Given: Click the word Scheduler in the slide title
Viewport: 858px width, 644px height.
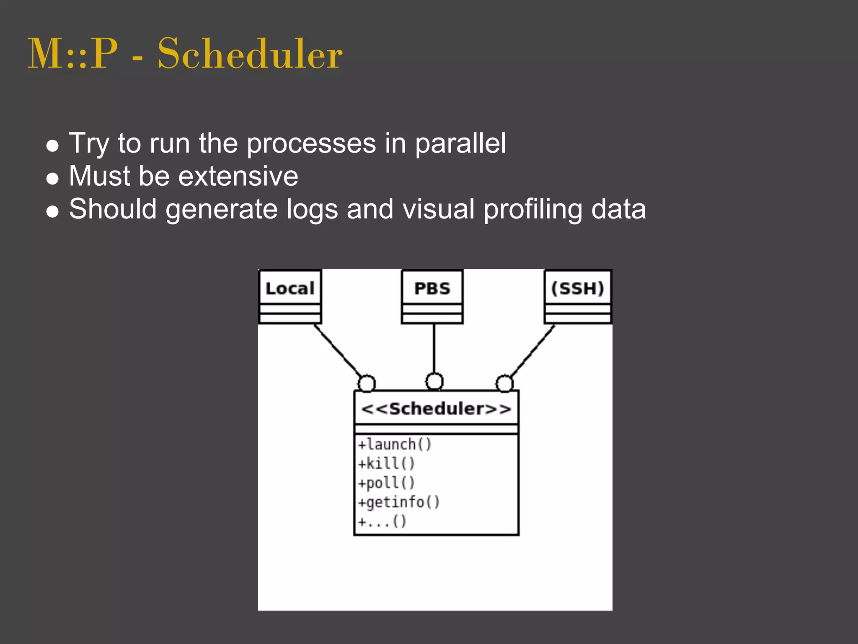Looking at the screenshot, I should click(x=250, y=54).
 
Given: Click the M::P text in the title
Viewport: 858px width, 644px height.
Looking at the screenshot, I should click(x=72, y=54).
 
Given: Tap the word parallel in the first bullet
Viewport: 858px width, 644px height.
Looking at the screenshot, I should click(x=460, y=144).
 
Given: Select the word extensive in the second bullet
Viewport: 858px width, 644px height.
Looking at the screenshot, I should click(x=238, y=176).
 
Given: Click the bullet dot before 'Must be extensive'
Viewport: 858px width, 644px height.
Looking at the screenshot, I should click(x=52, y=179).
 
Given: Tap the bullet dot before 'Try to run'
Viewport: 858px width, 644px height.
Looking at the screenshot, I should click(x=52, y=146).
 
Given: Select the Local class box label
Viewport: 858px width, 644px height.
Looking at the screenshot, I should click(x=290, y=288).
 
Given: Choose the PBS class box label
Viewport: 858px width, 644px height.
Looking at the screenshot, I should click(x=432, y=288).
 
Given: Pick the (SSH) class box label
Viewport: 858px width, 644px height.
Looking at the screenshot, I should click(x=577, y=288).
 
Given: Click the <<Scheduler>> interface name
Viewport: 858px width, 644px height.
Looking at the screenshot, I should click(x=436, y=409).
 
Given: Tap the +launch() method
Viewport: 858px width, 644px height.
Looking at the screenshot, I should click(x=394, y=444).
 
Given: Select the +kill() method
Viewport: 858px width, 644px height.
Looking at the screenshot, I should click(x=386, y=464).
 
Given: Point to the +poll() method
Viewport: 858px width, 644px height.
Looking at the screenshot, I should click(x=386, y=483).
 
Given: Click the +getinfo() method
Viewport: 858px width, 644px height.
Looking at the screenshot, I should click(x=398, y=502).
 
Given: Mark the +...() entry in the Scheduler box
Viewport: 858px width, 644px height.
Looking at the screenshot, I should click(x=382, y=522).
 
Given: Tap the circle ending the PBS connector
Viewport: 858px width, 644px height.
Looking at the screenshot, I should click(x=434, y=382).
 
